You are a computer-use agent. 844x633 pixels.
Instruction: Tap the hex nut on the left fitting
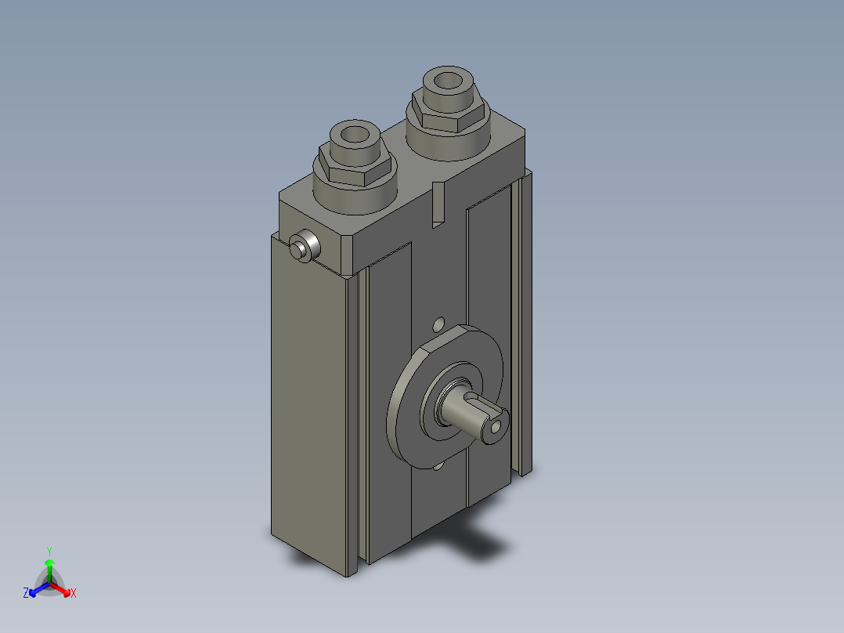pyautogui.click(x=355, y=165)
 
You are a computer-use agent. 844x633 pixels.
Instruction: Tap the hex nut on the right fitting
pyautogui.click(x=449, y=112)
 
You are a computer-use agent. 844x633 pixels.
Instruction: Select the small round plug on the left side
pyautogui.click(x=305, y=246)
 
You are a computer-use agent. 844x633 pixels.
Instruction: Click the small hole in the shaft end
pyautogui.click(x=496, y=427)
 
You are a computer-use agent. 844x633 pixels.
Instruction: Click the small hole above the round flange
pyautogui.click(x=439, y=324)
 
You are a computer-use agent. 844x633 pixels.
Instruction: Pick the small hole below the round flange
pyautogui.click(x=438, y=465)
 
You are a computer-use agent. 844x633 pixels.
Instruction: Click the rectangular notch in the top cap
pyautogui.click(x=438, y=204)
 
